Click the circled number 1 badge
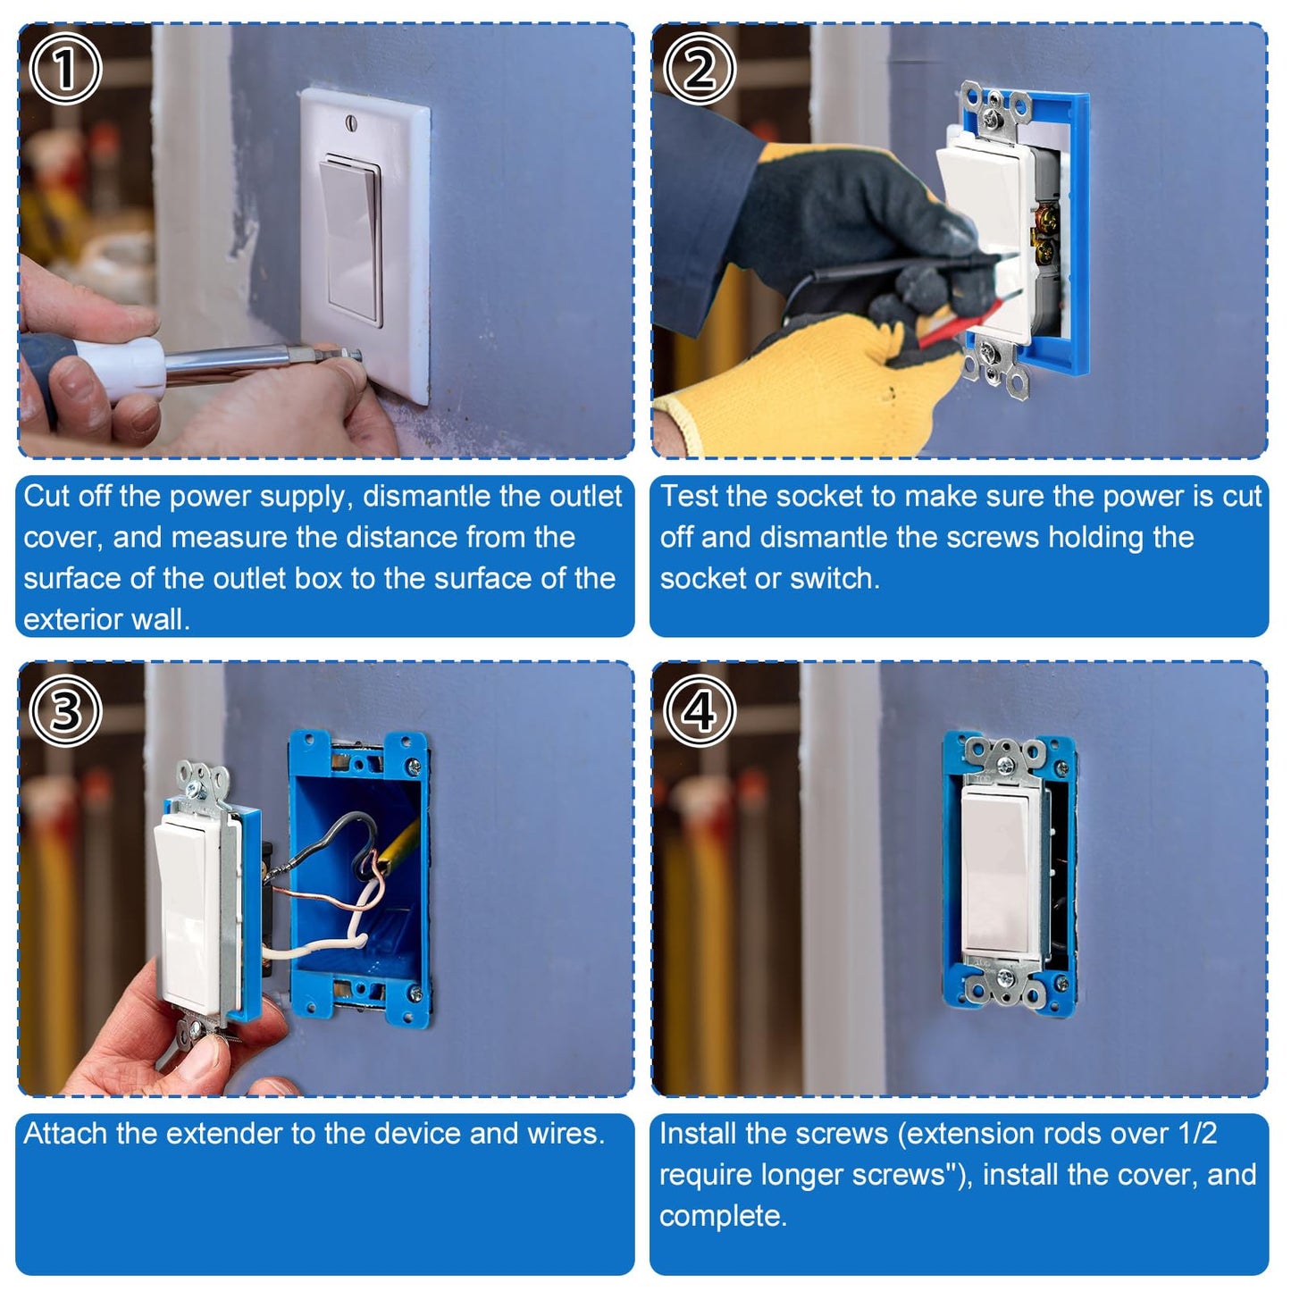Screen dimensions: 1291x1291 [x=65, y=69]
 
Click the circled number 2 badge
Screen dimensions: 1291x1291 [x=700, y=69]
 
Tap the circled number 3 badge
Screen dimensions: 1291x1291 [x=65, y=711]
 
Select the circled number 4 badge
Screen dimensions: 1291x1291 [x=700, y=711]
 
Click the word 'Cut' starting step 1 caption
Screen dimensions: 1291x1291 [x=46, y=496]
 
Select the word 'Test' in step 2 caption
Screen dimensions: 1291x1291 [x=690, y=496]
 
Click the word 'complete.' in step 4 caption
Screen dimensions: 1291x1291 [x=723, y=1215]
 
